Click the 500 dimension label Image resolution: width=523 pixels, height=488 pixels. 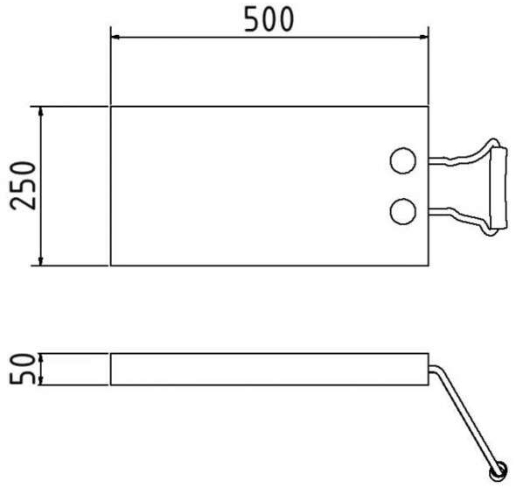tap(269, 19)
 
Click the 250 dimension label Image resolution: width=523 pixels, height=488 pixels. tap(23, 186)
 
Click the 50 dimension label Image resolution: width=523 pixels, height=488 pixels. tap(23, 369)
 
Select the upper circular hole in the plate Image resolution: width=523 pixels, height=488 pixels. tap(403, 161)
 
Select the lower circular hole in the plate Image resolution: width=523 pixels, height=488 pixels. tap(403, 211)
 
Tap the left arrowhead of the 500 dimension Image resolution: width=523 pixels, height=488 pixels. tap(115, 37)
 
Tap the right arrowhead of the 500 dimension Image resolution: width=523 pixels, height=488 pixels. tap(423, 37)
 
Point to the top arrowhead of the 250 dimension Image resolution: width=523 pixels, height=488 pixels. tap(41, 111)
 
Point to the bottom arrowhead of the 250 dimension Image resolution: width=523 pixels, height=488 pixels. tap(41, 261)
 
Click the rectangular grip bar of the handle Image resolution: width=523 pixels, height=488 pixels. tap(499, 187)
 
